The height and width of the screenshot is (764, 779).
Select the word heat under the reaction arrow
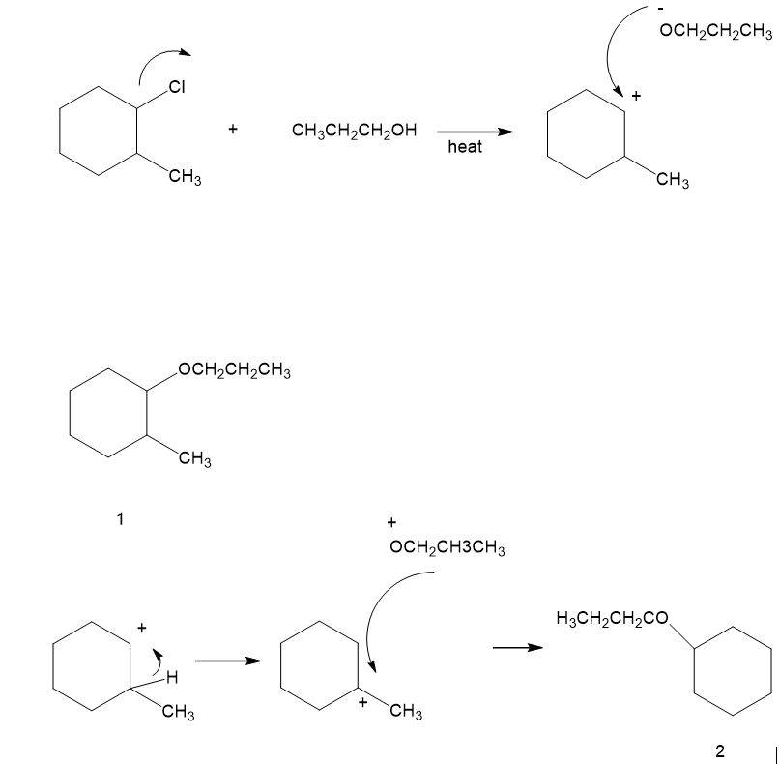tap(465, 148)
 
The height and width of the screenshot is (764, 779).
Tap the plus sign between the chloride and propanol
tap(233, 129)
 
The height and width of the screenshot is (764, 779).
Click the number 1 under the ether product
tap(120, 518)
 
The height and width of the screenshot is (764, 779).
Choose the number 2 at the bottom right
tap(720, 749)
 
